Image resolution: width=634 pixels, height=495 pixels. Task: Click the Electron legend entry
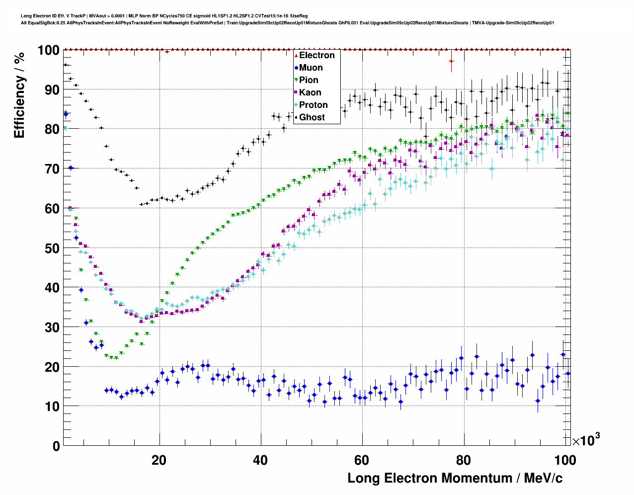pyautogui.click(x=317, y=55)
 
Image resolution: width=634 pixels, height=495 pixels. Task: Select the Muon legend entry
pyautogui.click(x=311, y=68)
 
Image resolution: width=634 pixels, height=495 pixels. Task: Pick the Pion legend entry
pyautogui.click(x=309, y=80)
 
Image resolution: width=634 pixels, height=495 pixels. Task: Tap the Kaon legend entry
pyautogui.click(x=310, y=92)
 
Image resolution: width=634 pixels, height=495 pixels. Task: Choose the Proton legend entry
pyautogui.click(x=313, y=105)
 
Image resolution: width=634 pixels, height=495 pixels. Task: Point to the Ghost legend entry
pyautogui.click(x=312, y=117)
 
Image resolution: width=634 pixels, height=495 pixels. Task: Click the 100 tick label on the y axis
pyautogui.click(x=48, y=50)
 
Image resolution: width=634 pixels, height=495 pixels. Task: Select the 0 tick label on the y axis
pyautogui.click(x=56, y=446)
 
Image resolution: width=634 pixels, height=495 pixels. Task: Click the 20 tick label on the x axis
pyautogui.click(x=159, y=460)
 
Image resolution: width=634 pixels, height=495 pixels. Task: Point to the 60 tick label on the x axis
pyautogui.click(x=362, y=460)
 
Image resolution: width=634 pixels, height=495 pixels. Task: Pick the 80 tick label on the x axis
pyautogui.click(x=463, y=460)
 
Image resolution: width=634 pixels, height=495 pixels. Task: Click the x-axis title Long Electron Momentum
pyautogui.click(x=455, y=478)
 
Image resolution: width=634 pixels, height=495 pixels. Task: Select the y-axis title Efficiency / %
pyautogui.click(x=19, y=94)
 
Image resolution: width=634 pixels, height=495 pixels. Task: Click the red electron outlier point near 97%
pyautogui.click(x=451, y=61)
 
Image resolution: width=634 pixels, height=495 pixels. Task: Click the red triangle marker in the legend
pyautogui.click(x=296, y=55)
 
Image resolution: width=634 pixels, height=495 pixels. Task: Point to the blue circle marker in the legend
pyautogui.click(x=296, y=68)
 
